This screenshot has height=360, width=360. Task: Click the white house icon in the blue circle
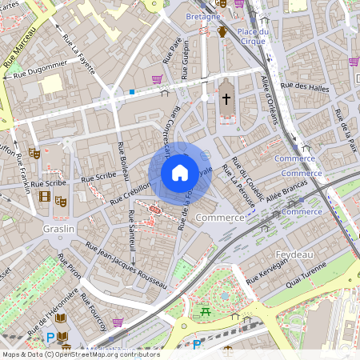179,172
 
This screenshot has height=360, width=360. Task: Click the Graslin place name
58,229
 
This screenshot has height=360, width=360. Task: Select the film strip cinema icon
45,197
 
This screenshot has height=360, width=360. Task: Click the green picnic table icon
206,310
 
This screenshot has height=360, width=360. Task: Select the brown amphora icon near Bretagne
222,32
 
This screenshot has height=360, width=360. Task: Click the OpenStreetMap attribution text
80,354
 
